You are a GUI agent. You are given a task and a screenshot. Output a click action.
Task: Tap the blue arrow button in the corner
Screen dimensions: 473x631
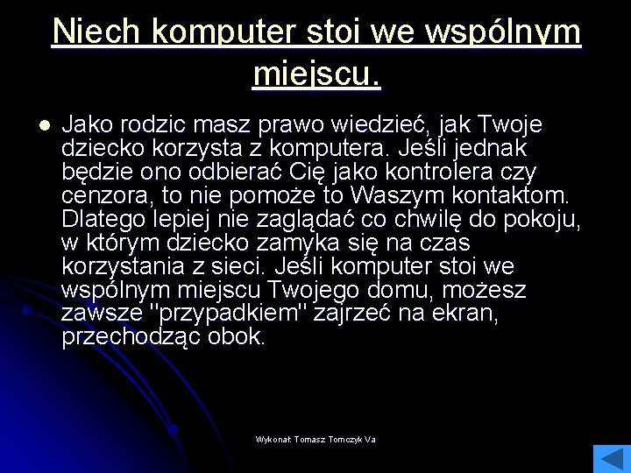pos(611,458)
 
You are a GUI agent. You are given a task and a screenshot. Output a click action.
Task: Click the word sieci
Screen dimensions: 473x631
pos(290,266)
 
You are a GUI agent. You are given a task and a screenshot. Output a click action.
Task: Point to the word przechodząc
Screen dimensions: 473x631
pos(131,337)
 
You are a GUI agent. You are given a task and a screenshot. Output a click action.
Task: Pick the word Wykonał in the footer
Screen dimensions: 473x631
pos(273,439)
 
